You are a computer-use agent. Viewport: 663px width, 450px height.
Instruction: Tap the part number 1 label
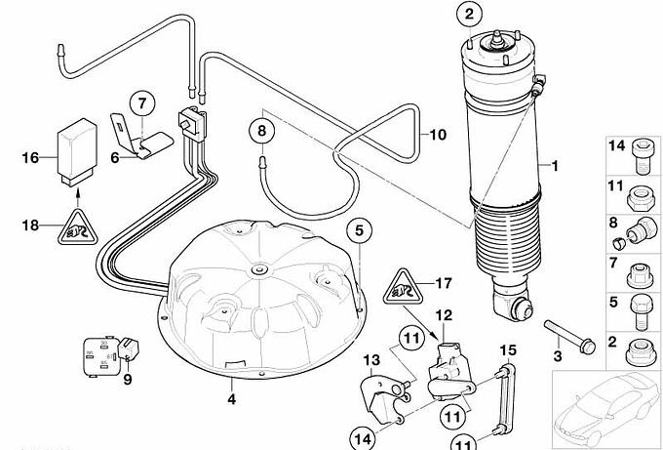click(x=557, y=166)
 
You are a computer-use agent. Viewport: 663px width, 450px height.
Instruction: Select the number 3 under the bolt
click(x=558, y=356)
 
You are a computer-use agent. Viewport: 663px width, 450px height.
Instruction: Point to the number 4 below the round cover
click(x=232, y=398)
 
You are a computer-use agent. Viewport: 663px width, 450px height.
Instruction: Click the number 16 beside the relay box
click(x=30, y=158)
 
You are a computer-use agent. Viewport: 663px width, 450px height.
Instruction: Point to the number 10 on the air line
click(x=436, y=134)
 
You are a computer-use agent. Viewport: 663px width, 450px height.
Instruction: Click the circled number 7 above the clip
click(x=140, y=102)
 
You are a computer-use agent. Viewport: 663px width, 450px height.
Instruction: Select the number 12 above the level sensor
click(x=444, y=315)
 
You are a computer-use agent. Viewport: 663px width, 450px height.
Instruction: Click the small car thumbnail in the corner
click(x=605, y=406)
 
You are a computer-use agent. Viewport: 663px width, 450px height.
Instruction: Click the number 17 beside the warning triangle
click(x=445, y=284)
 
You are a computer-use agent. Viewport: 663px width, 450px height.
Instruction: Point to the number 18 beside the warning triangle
click(x=30, y=225)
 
